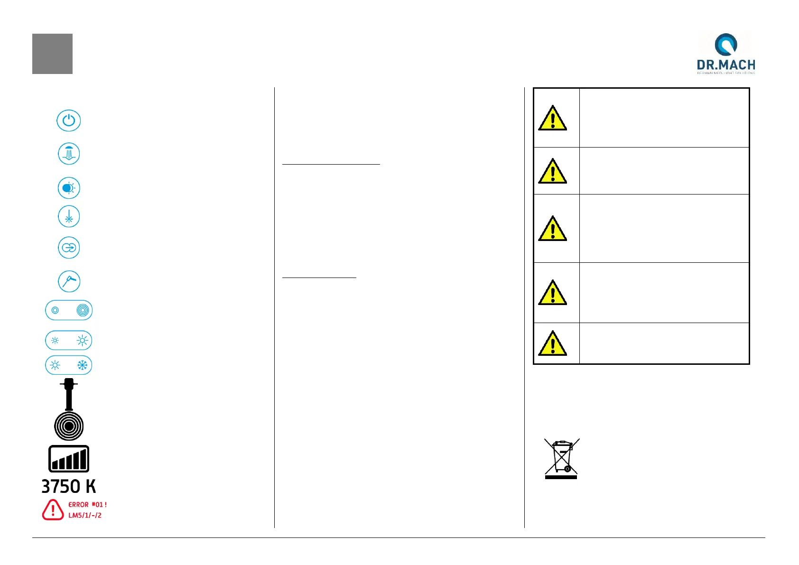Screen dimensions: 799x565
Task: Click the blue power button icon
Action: click(x=69, y=120)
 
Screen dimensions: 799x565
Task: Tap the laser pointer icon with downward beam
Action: click(x=69, y=217)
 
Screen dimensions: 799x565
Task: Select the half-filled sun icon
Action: click(x=69, y=188)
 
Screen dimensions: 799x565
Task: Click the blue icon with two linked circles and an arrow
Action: click(x=69, y=248)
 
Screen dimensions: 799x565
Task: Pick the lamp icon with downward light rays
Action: click(x=69, y=154)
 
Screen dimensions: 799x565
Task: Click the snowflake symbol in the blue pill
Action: click(x=83, y=365)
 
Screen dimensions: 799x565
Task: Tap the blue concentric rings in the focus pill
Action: click(x=83, y=310)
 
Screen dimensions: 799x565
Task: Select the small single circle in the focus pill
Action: click(x=55, y=310)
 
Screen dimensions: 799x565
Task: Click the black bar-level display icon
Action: click(x=69, y=459)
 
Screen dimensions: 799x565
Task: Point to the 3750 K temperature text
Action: click(x=69, y=487)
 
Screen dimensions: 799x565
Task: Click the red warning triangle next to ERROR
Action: click(x=53, y=510)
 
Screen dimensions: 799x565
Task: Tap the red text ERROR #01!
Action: click(x=88, y=505)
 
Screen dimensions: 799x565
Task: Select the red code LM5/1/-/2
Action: click(x=85, y=515)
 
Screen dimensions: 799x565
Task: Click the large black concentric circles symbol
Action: click(x=69, y=426)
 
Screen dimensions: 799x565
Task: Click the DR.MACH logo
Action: click(x=725, y=53)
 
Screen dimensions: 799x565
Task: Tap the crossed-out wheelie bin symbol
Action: click(x=562, y=458)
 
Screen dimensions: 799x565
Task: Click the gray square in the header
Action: click(x=52, y=54)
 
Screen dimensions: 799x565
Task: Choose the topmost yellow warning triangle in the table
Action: click(x=552, y=119)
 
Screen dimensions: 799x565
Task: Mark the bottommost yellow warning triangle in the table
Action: click(x=552, y=344)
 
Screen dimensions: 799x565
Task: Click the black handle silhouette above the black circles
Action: click(x=69, y=394)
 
